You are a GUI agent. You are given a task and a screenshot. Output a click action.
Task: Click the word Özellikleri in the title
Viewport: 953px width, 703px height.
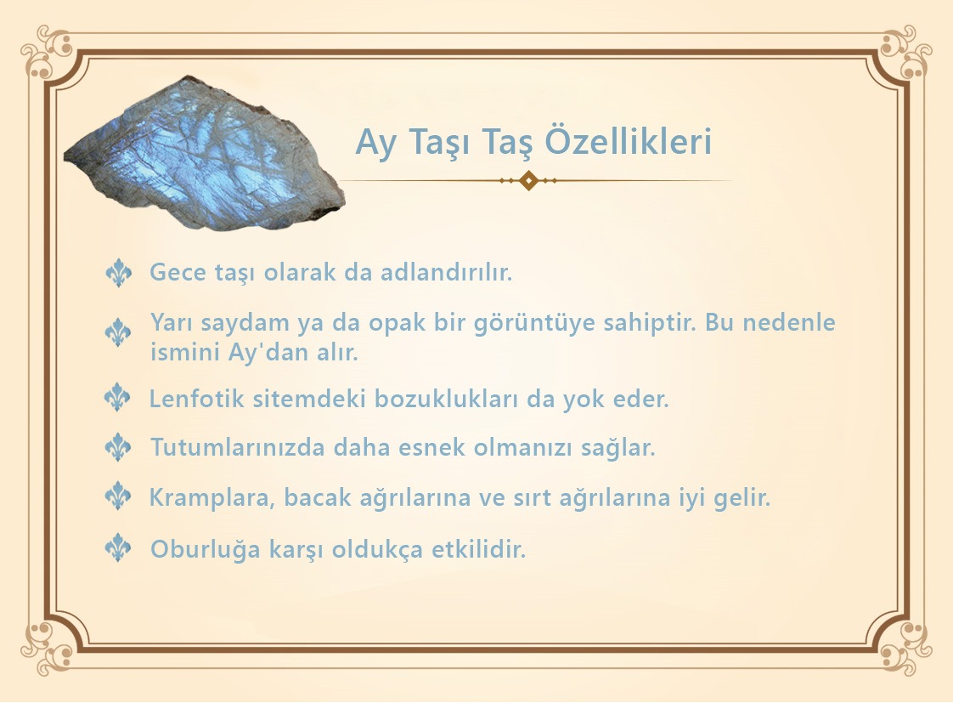coord(628,142)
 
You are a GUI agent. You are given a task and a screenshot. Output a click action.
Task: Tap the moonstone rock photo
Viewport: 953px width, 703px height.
coord(205,153)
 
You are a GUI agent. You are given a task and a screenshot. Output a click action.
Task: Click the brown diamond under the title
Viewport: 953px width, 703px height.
coord(529,180)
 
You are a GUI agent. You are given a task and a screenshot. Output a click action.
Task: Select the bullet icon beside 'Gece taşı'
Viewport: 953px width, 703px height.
coord(119,272)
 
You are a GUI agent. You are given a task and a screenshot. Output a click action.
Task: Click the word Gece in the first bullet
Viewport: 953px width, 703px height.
coord(178,272)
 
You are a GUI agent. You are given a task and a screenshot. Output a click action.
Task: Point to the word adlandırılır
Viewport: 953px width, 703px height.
coord(446,272)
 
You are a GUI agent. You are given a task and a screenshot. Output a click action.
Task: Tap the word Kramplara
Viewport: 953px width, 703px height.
coord(211,498)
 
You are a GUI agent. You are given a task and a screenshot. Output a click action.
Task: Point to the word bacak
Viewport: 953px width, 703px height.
coord(318,497)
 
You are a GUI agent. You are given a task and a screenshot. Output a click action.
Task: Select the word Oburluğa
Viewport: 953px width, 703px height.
coord(205,550)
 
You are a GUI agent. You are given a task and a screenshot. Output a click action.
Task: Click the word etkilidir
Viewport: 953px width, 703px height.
coord(478,549)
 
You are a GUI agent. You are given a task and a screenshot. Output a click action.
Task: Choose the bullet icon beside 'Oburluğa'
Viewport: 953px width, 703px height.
coord(118,548)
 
